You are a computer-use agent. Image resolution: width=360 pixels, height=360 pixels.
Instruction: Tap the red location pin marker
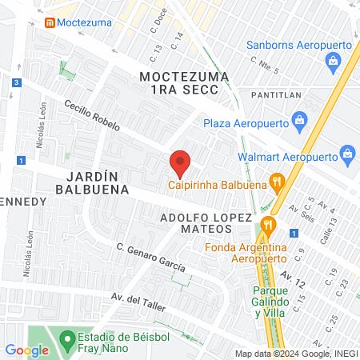tap(180, 163)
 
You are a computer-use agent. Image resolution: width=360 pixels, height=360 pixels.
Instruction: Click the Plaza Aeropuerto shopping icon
tap(299, 123)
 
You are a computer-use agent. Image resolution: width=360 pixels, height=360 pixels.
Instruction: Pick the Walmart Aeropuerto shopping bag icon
tap(347, 153)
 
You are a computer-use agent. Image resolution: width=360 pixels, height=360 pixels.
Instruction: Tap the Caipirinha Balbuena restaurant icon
tap(277, 182)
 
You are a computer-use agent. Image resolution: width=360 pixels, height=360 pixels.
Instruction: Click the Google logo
tap(26, 350)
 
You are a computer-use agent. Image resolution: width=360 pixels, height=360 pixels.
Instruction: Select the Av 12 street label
tap(293, 278)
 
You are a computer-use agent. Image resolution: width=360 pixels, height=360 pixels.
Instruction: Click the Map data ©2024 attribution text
tap(295, 354)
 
